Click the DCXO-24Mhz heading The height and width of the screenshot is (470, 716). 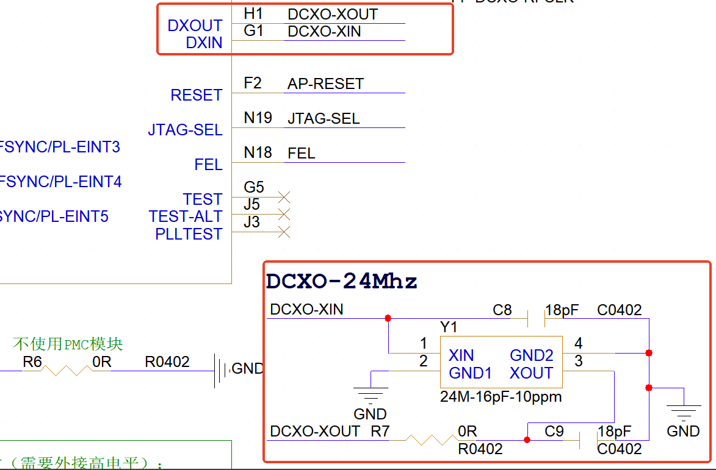342,282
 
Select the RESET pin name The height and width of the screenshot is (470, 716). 197,95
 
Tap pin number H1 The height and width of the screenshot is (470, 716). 253,13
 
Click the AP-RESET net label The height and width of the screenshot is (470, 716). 325,84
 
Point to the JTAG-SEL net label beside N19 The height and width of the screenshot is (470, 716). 324,119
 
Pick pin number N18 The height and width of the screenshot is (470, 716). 258,152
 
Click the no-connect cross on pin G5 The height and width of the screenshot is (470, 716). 284,197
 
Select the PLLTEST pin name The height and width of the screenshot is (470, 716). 189,234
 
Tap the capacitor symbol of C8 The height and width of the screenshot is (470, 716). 536,318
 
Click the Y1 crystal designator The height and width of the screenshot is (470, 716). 449,327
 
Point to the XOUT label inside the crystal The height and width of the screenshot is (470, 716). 531,373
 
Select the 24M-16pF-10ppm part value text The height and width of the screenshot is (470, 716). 501,397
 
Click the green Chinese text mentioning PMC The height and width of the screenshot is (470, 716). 68,344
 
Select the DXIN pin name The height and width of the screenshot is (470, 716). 204,43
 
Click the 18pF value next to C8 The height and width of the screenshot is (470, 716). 562,310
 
